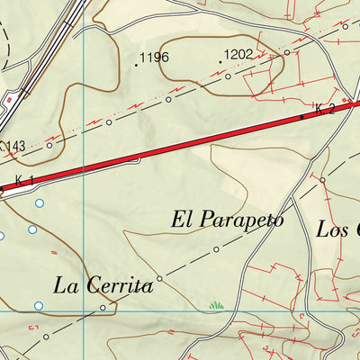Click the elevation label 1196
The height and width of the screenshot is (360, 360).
155,58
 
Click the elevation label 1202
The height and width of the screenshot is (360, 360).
238,54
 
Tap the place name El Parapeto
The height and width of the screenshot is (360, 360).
227,219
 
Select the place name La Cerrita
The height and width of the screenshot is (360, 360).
103,286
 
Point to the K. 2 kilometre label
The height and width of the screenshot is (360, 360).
325,109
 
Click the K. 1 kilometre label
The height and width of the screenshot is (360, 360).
24,181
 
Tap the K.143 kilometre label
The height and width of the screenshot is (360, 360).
13,145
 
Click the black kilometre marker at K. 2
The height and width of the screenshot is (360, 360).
301,117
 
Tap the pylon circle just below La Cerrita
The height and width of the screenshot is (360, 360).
102,308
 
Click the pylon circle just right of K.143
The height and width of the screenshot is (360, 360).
49,143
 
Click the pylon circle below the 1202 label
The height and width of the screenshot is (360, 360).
228,77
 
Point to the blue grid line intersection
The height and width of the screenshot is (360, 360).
83,310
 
